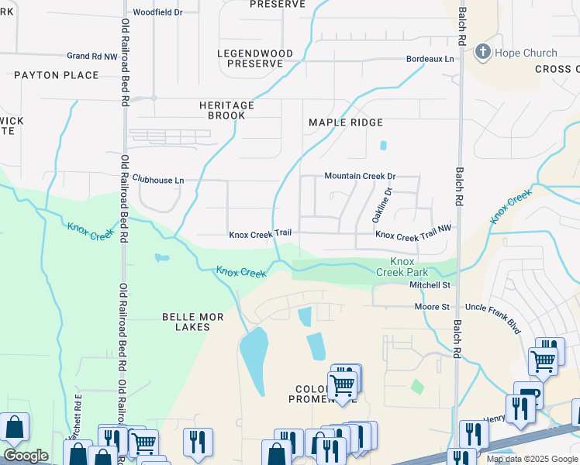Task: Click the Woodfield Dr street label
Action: click(157, 12)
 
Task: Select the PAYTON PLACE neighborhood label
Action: click(57, 75)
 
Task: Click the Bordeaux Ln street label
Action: click(430, 59)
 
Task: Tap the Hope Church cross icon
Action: click(483, 53)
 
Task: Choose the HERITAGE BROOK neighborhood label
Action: click(226, 110)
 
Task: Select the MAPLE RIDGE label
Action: click(346, 122)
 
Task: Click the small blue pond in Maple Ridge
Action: click(383, 145)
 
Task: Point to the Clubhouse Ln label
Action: click(158, 180)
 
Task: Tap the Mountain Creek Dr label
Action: click(360, 176)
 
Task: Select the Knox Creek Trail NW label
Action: click(413, 234)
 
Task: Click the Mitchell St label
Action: click(430, 285)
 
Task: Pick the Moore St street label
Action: click(433, 307)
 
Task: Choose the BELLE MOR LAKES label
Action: click(186, 322)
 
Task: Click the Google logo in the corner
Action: click(26, 456)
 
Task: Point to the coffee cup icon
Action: click(526, 394)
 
